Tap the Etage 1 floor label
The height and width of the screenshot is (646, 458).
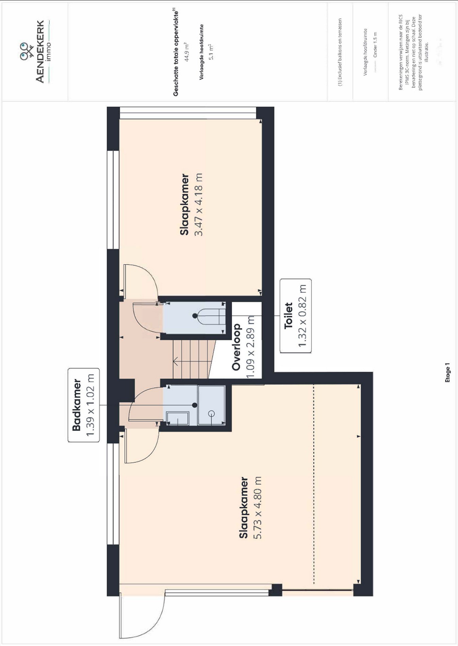point(447,373)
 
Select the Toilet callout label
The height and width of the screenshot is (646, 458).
point(295,316)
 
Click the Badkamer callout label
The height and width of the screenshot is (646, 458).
point(84,405)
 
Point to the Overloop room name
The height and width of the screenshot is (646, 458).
point(236,346)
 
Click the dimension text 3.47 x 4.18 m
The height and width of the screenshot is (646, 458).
point(198,204)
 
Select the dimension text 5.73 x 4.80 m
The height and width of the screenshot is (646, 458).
point(258,508)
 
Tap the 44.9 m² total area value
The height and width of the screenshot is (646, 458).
point(186,52)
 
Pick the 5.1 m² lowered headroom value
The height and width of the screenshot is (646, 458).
point(211,52)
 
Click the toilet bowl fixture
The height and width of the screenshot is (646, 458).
point(207,316)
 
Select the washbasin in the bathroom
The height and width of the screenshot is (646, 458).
point(178,418)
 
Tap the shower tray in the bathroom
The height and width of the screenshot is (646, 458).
point(211,405)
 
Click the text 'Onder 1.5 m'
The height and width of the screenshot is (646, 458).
point(375,45)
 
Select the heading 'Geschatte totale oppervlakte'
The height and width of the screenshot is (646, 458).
point(176,53)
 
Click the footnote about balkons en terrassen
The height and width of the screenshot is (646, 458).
point(340,52)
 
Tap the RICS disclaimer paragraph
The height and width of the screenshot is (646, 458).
point(411,52)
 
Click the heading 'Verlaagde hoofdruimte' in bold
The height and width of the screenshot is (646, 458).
point(201,52)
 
